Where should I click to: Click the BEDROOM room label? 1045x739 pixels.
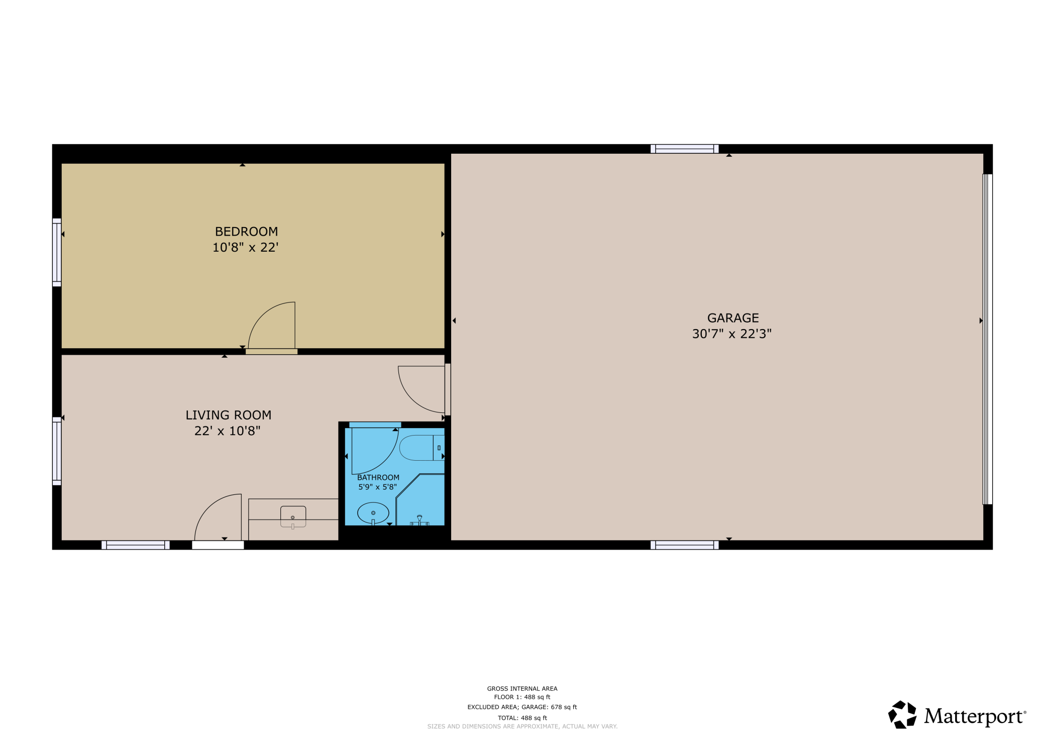246,232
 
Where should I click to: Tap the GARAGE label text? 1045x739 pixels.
733,318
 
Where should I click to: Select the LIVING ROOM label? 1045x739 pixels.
228,415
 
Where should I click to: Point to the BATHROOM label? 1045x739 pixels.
378,477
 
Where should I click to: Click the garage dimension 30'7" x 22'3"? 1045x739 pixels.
731,334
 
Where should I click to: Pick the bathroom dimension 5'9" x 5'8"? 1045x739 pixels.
377,487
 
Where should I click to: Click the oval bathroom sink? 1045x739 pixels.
373,513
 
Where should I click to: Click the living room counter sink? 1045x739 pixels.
293,517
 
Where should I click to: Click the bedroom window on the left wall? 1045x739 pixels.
57,252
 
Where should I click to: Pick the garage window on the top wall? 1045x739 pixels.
684,149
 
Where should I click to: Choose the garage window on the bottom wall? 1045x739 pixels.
684,545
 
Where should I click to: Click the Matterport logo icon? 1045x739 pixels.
902,714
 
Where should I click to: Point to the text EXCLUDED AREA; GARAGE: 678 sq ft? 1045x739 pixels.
522,707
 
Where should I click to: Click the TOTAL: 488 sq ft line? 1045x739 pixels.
522,718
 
